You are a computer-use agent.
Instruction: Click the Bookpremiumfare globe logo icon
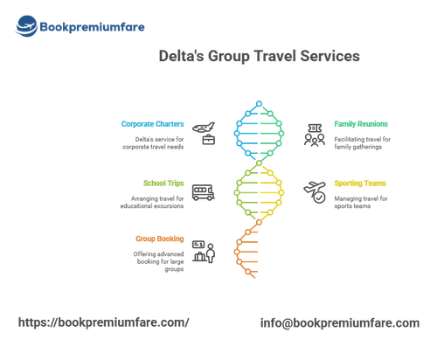pyautogui.click(x=26, y=26)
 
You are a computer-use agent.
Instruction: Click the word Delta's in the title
pyautogui.click(x=181, y=56)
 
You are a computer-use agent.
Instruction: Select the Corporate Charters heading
pyautogui.click(x=152, y=124)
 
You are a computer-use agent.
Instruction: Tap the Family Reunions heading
pyautogui.click(x=361, y=124)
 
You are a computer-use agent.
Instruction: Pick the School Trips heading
pyautogui.click(x=163, y=183)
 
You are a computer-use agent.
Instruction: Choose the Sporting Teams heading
pyautogui.click(x=360, y=183)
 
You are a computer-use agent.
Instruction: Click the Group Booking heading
pyautogui.click(x=160, y=239)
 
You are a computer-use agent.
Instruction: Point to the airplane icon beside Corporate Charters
pyautogui.click(x=204, y=128)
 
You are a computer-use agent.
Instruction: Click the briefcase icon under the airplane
pyautogui.click(x=209, y=140)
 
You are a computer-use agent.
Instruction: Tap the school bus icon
pyautogui.click(x=203, y=192)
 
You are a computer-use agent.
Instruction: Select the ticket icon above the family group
pyautogui.click(x=315, y=128)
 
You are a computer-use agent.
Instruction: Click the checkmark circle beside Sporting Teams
pyautogui.click(x=319, y=197)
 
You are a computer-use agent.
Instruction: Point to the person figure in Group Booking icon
pyautogui.click(x=211, y=253)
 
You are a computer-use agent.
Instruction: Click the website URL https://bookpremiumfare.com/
pyautogui.click(x=104, y=322)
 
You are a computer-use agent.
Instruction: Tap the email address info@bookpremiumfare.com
pyautogui.click(x=340, y=323)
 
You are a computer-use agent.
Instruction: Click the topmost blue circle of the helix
pyautogui.click(x=259, y=103)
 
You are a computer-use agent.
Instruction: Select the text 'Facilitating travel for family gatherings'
pyautogui.click(x=362, y=143)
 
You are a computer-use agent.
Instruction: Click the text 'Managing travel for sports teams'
pyautogui.click(x=361, y=202)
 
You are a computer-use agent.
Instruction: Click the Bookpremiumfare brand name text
pyautogui.click(x=92, y=27)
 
